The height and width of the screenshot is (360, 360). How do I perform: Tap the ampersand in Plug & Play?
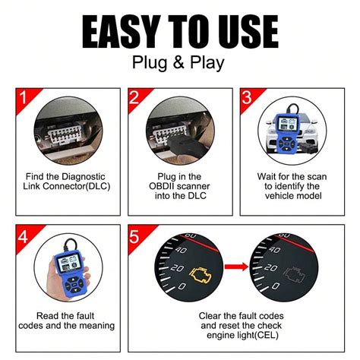point(179,62)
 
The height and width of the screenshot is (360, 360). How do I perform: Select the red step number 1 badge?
point(23,97)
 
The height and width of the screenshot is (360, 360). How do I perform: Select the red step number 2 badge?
point(135,97)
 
